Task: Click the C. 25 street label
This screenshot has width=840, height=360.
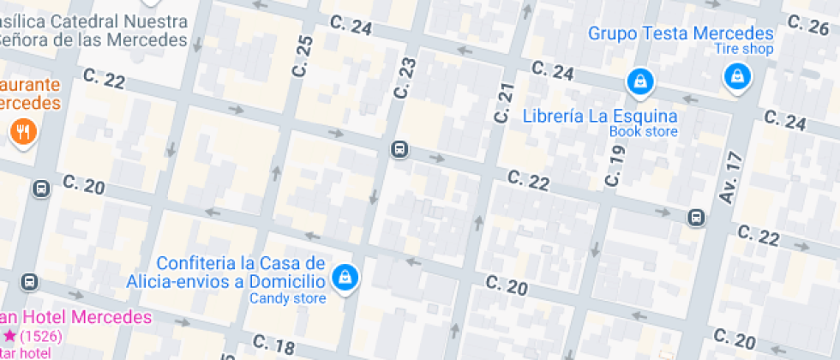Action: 302,57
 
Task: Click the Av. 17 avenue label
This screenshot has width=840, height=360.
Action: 730,177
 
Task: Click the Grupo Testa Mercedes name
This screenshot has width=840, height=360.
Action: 681,34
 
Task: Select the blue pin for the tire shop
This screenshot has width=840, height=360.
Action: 735,78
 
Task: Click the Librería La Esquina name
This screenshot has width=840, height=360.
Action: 600,116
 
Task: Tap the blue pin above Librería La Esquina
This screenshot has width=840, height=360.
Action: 639,81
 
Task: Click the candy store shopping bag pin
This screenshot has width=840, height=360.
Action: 345,277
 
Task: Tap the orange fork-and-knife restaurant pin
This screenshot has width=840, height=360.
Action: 21,131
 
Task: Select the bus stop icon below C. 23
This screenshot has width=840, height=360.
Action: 399,149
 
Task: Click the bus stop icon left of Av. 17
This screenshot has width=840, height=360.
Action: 696,218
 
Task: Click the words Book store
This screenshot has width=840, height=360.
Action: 643,132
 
